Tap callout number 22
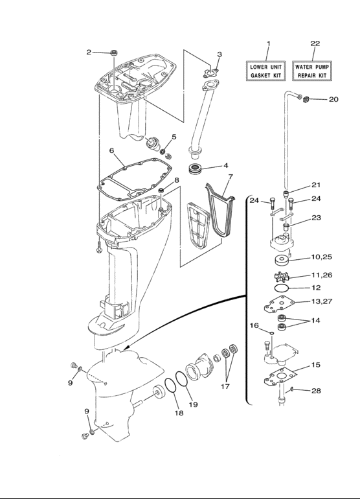point(315,43)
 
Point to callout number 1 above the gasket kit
point(268,43)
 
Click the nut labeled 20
point(310,99)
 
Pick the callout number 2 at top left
point(89,52)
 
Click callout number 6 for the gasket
point(112,150)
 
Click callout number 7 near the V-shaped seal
point(231,176)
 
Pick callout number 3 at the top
point(219,54)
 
